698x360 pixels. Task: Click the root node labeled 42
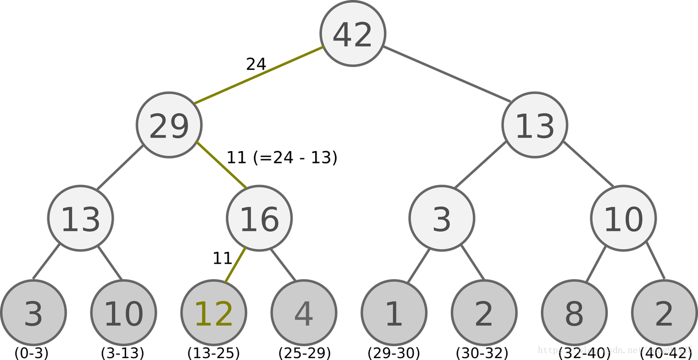pyautogui.click(x=352, y=33)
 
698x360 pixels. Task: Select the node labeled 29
pyautogui.click(x=169, y=125)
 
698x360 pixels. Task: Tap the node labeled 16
pyautogui.click(x=259, y=218)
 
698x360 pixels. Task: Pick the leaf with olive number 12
pyautogui.click(x=213, y=313)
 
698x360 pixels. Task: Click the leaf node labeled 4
pyautogui.click(x=304, y=313)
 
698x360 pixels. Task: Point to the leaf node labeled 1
pyautogui.click(x=394, y=313)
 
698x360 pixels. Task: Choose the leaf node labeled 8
pyautogui.click(x=574, y=313)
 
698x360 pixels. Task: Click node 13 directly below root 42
pyautogui.click(x=534, y=125)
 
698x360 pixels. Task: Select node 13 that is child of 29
pyautogui.click(x=81, y=218)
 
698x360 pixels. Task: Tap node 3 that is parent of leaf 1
pyautogui.click(x=442, y=218)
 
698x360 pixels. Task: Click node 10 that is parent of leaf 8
pyautogui.click(x=623, y=218)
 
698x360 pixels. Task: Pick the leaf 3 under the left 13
pyautogui.click(x=33, y=313)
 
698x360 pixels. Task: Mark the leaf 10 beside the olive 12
pyautogui.click(x=124, y=313)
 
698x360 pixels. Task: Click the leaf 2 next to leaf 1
pyautogui.click(x=484, y=313)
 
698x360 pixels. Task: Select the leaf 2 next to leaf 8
pyautogui.click(x=664, y=313)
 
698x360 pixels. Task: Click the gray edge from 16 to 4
pyautogui.click(x=283, y=264)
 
